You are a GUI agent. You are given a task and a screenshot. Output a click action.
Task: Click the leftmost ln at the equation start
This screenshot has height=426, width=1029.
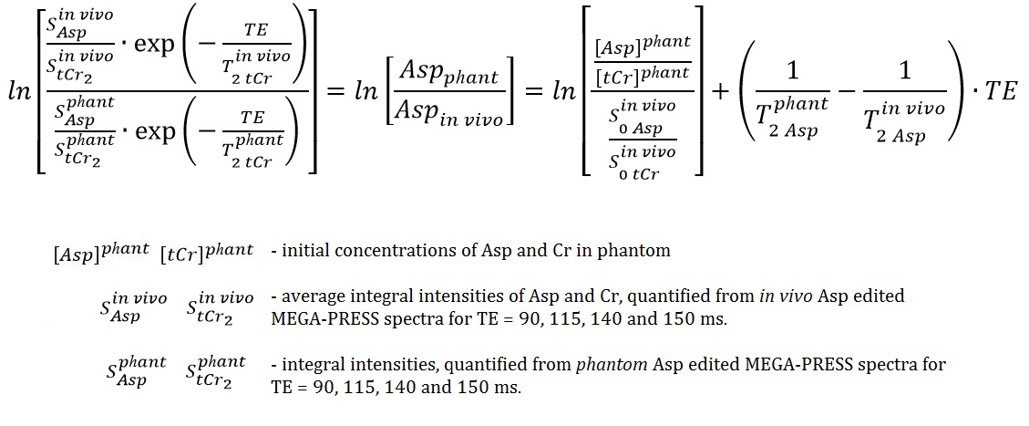[x=17, y=92]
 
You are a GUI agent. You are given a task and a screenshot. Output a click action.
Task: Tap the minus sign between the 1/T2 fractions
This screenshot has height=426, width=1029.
[x=847, y=92]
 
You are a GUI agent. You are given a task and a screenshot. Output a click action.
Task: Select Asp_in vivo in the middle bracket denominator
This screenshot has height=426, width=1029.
[x=451, y=112]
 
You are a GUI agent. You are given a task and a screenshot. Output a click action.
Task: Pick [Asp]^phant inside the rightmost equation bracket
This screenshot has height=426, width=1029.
[x=642, y=43]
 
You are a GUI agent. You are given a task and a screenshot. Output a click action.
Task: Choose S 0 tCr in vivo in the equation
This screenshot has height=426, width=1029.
[x=640, y=159]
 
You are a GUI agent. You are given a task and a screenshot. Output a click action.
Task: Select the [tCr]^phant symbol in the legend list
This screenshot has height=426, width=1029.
[x=207, y=251]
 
